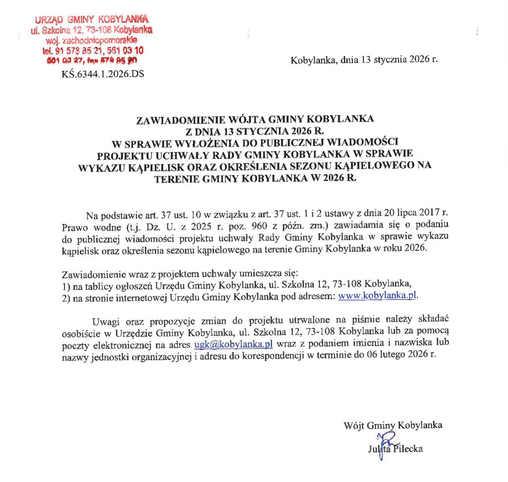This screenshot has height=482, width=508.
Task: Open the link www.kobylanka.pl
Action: tap(378, 296)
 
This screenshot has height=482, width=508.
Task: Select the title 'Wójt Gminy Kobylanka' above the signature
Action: tap(393, 425)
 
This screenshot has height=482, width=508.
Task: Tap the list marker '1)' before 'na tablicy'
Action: tap(65, 285)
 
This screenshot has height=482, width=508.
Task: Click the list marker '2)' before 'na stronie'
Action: tap(65, 297)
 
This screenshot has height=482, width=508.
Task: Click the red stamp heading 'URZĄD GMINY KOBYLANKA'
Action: tap(92, 20)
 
